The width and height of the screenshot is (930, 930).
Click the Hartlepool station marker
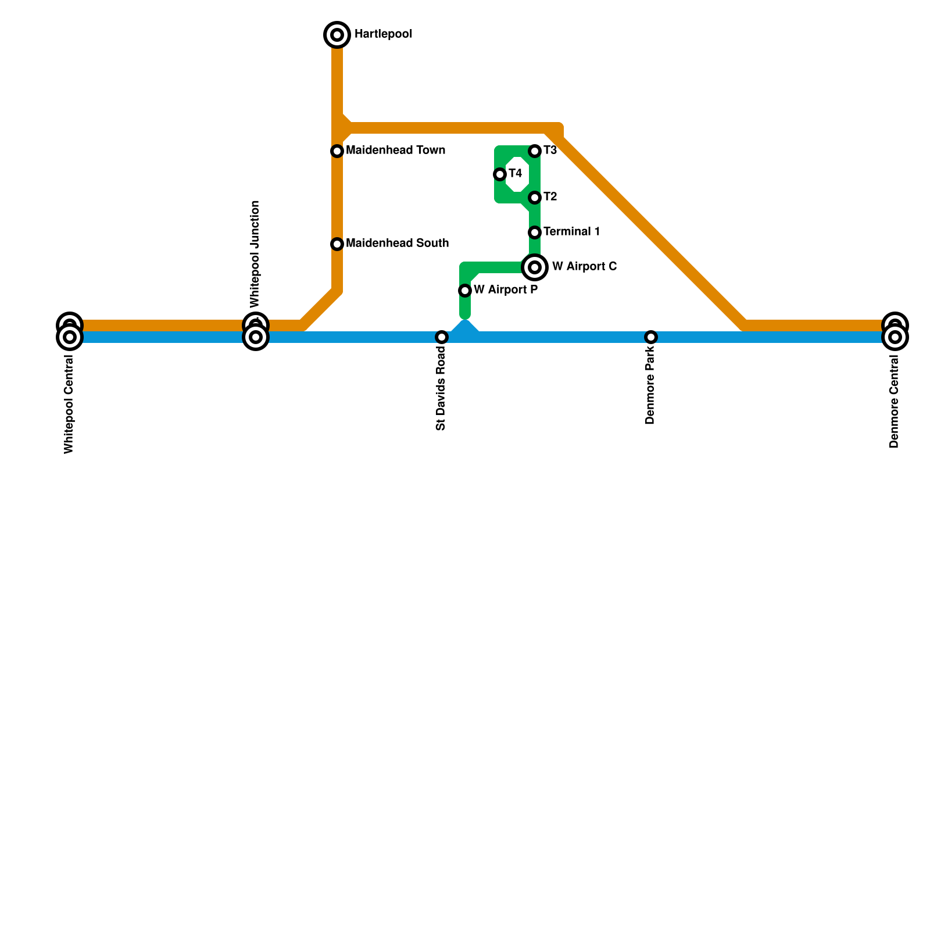click(x=337, y=35)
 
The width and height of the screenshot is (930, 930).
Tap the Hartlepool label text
click(x=383, y=34)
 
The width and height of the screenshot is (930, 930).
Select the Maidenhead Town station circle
click(x=337, y=151)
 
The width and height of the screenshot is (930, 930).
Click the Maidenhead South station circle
click(x=337, y=244)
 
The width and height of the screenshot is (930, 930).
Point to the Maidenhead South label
click(x=397, y=244)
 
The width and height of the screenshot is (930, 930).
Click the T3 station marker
click(x=535, y=151)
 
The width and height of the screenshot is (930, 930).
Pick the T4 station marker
click(x=500, y=174)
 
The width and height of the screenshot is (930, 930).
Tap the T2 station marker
click(x=535, y=198)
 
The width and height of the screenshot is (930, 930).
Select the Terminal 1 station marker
click(x=535, y=233)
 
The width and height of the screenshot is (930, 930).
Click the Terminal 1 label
click(x=571, y=232)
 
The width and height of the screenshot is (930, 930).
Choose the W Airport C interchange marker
click(x=535, y=267)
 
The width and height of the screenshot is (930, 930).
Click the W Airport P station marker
click(x=465, y=291)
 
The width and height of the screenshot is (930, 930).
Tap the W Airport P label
click(x=505, y=290)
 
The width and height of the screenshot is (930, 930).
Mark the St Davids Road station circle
click(x=442, y=337)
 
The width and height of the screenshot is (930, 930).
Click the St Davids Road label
click(x=441, y=389)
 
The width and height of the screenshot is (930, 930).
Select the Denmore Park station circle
click(x=651, y=337)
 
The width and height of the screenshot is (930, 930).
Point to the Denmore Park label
click(x=650, y=386)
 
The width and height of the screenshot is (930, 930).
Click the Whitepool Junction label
click(x=255, y=254)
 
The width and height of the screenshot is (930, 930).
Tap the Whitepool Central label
click(x=69, y=404)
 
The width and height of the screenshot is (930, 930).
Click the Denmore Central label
click(x=894, y=402)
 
